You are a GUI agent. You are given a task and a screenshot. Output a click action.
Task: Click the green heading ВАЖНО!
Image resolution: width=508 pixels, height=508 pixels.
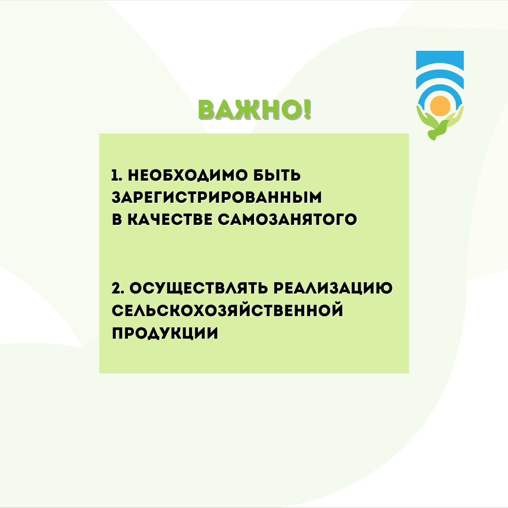pos(254,110)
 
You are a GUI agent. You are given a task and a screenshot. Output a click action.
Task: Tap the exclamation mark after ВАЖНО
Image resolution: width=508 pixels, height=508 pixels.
pos(307,109)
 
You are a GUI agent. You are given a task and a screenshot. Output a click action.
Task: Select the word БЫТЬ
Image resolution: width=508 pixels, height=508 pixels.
pos(277,175)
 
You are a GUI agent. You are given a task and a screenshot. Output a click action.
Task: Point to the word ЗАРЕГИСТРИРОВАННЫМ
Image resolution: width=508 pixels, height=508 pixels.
pos(217,197)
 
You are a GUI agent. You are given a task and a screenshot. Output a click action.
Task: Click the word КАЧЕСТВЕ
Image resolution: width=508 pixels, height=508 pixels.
pos(169,219)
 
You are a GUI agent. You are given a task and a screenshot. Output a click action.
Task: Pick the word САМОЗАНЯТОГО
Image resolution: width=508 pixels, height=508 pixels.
pos(287,219)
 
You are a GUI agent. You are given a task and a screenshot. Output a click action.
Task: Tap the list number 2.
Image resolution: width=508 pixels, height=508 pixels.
pos(116,288)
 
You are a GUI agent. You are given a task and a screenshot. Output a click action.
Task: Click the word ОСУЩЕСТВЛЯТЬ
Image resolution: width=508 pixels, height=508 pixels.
pos(198,288)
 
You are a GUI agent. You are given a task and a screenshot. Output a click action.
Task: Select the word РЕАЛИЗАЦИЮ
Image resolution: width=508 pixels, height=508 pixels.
pos(333,288)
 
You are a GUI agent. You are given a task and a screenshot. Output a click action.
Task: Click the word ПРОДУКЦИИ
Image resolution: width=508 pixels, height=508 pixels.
pos(165,333)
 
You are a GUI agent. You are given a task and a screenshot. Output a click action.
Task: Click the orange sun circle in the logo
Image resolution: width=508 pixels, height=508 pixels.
pos(440,106)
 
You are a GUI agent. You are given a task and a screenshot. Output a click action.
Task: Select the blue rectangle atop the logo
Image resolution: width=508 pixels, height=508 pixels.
pos(440,60)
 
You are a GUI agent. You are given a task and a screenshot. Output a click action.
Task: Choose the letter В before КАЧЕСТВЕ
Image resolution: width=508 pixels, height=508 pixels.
pos(117,219)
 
